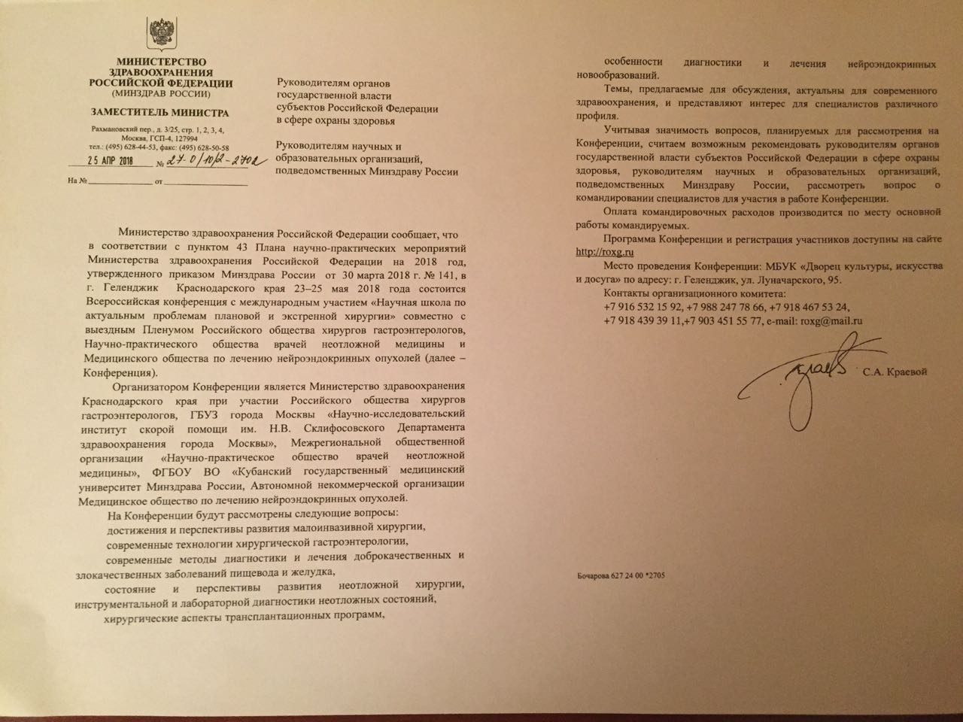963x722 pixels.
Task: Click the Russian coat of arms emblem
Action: (159, 34)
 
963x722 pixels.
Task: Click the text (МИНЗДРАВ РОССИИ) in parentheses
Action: (159, 95)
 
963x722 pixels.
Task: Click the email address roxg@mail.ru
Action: (831, 320)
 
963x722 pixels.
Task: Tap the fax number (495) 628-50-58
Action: (200, 147)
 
